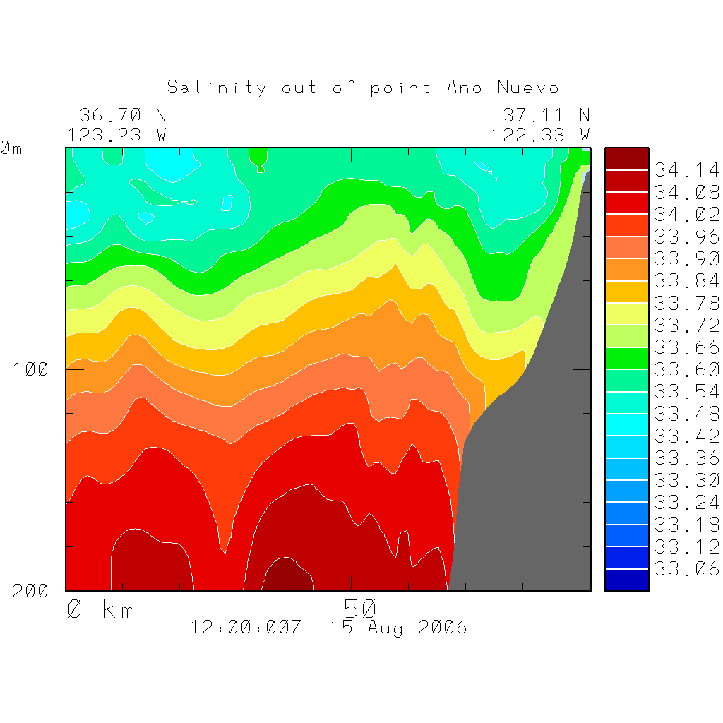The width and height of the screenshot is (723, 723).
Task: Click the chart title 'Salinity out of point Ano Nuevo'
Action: coord(363,88)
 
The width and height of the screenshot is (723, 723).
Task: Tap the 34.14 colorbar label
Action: coord(686,170)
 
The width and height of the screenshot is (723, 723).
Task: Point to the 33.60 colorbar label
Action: coord(686,369)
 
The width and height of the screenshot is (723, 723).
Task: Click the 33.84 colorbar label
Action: coord(686,281)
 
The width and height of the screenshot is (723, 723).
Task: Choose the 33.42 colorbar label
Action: coord(686,436)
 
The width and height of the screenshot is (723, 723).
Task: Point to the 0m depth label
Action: coord(11,148)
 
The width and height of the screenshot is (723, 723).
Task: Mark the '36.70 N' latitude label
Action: coord(122,115)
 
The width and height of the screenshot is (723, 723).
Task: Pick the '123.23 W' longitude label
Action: coord(117,134)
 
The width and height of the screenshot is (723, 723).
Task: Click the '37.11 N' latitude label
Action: coord(546,115)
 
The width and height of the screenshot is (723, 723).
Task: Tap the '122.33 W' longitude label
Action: coord(541,134)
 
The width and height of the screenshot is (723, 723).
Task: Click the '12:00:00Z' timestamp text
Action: coord(246,627)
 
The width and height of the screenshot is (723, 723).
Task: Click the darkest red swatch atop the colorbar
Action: coord(626,159)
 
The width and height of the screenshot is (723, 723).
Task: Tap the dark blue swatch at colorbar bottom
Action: coord(626,580)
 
